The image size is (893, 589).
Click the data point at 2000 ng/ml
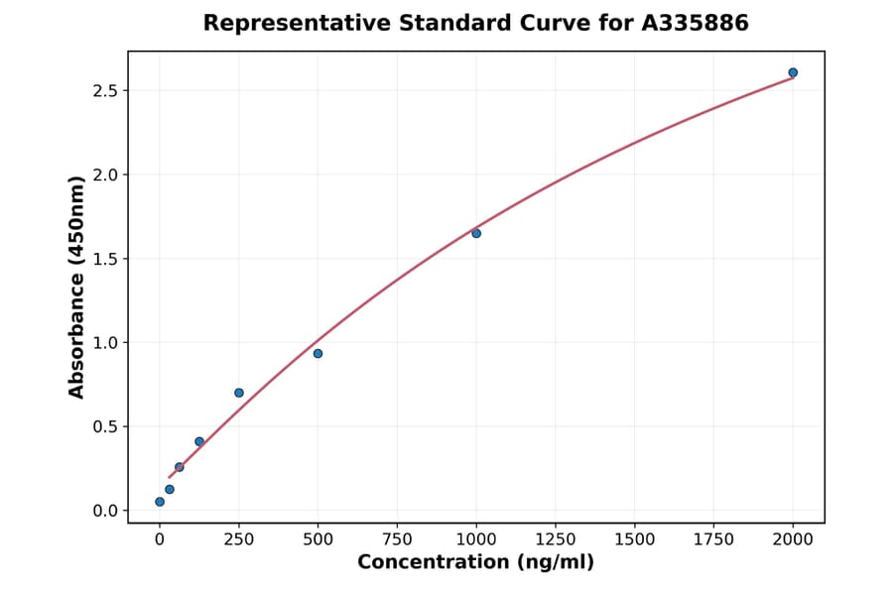[793, 72]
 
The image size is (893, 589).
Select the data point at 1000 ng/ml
[476, 233]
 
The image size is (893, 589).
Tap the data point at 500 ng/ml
[318, 353]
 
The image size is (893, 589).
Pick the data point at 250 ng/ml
[239, 393]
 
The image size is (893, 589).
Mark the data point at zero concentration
[160, 502]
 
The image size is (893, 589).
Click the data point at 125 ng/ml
[199, 441]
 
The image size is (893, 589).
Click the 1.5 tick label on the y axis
[104, 259]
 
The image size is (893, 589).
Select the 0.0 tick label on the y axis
[104, 511]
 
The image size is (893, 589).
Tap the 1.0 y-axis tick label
[104, 343]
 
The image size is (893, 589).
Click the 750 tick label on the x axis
[397, 539]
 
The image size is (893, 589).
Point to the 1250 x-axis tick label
[556, 539]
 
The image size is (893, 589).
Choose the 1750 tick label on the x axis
[713, 539]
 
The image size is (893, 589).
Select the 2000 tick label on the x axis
[793, 539]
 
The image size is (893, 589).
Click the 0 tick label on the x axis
[160, 539]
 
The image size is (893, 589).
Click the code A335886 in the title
[695, 23]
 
